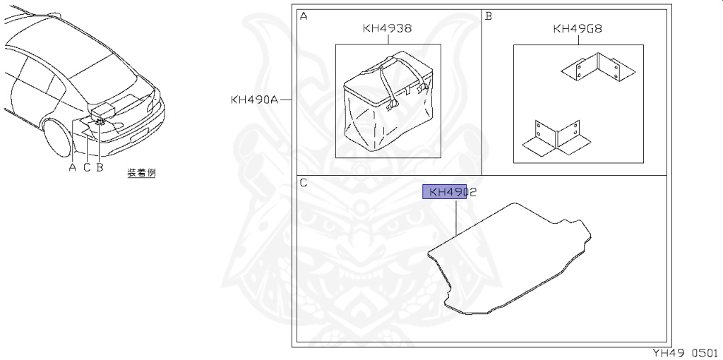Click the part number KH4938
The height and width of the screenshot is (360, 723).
tap(387, 28)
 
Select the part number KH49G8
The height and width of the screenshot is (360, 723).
tap(578, 29)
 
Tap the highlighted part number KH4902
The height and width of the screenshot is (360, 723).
tap(453, 192)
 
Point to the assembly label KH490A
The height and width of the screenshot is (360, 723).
tap(254, 100)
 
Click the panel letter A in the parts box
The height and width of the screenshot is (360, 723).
tap(304, 17)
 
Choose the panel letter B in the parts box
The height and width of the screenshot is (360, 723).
tap(489, 17)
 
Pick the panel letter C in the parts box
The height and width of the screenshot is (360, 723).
tap(304, 183)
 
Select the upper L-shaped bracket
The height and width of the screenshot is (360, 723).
tap(598, 68)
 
